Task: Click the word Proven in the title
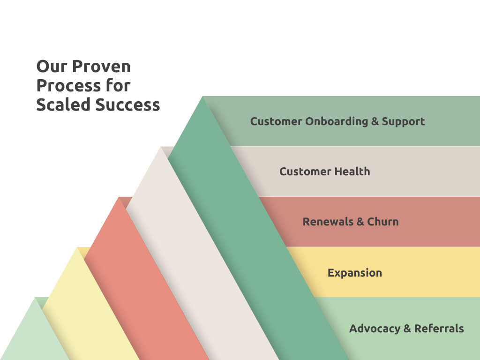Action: click(x=101, y=67)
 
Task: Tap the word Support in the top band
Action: click(x=403, y=121)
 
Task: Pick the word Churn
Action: click(x=383, y=222)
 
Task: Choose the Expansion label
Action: click(x=355, y=272)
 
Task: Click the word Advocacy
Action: click(x=375, y=329)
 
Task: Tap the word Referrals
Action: click(x=439, y=329)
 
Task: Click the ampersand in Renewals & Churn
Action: click(x=360, y=222)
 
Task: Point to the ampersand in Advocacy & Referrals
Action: click(x=407, y=329)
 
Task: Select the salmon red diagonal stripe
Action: click(x=150, y=281)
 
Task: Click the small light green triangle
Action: click(x=35, y=337)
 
